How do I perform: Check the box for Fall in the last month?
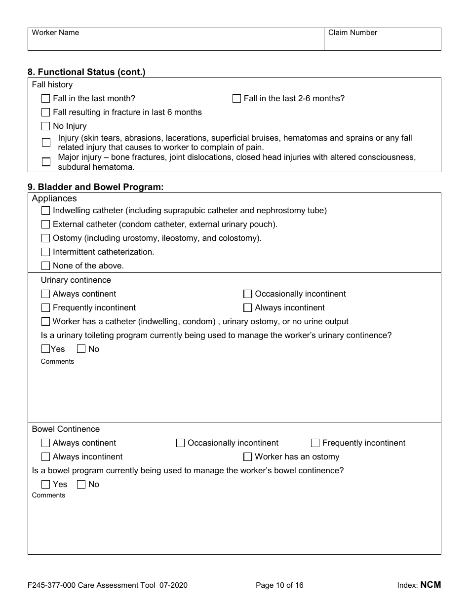point(45,99)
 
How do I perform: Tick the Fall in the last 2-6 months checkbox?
point(236,99)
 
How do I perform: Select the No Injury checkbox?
point(45,126)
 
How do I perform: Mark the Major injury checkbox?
point(46,162)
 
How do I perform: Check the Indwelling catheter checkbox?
point(45,211)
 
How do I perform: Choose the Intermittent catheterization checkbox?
point(45,252)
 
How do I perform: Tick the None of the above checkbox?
point(45,266)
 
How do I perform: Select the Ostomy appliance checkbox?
point(45,238)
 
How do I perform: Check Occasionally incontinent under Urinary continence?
point(248,294)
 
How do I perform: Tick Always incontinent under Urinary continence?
point(248,308)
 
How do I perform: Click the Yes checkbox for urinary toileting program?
point(45,349)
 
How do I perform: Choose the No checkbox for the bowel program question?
point(81,484)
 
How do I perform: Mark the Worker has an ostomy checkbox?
point(248,457)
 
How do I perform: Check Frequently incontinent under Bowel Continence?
point(315,443)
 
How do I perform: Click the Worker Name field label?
point(55,33)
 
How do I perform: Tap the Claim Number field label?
point(352,33)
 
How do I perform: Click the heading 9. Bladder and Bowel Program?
point(95,187)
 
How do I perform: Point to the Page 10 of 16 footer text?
point(279,585)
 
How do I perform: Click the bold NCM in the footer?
point(430,585)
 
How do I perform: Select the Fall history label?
point(52,85)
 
